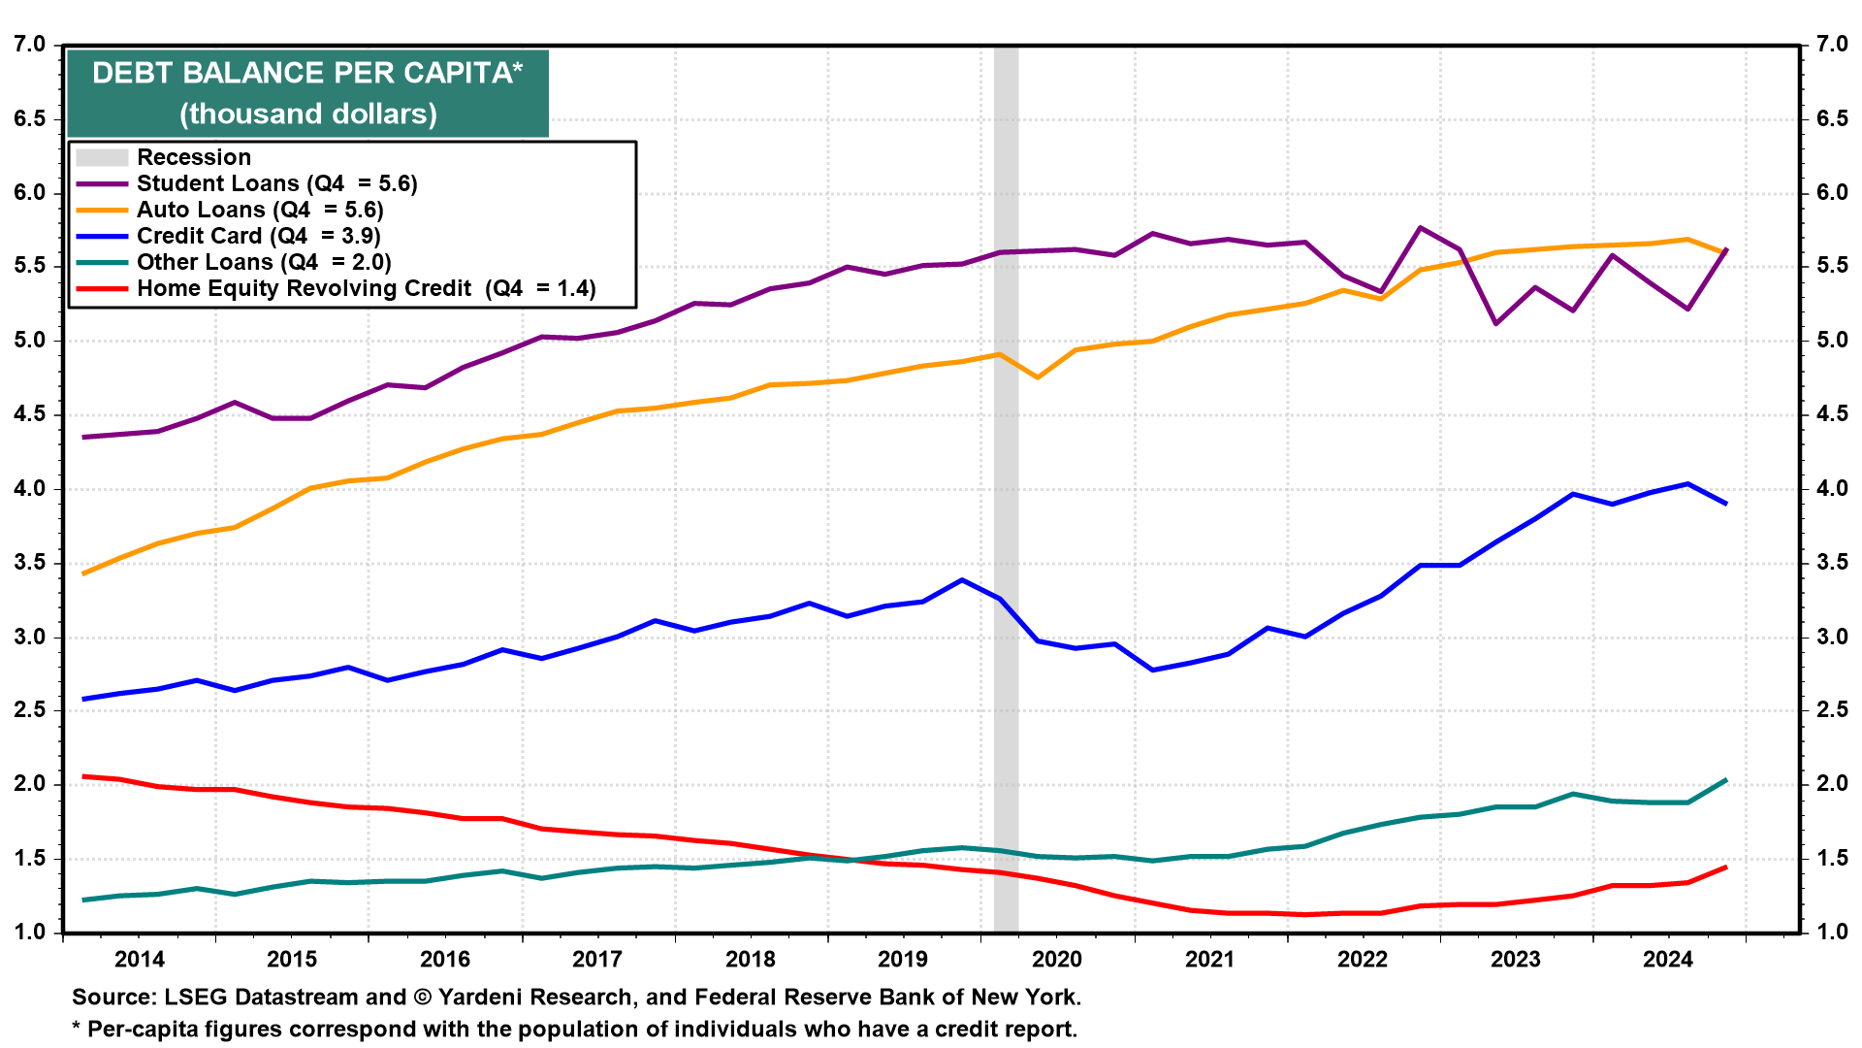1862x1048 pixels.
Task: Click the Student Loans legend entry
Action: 276,183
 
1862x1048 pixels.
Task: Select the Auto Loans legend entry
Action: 260,210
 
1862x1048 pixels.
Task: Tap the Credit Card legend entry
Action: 258,236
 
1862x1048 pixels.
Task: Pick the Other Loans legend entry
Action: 264,262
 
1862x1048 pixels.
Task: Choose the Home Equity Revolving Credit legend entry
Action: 366,288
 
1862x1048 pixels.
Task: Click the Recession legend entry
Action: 193,157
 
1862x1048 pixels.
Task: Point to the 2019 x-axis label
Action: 902,960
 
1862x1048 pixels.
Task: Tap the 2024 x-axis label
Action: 1667,960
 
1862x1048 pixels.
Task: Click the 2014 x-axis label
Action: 139,960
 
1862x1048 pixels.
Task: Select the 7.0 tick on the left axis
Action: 29,45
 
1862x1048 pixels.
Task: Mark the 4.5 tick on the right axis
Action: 1832,414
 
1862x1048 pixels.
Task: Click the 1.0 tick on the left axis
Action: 29,933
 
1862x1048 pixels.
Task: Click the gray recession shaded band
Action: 1006,485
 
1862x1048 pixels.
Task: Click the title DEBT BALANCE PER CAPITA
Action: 306,73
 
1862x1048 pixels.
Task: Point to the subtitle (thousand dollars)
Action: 307,114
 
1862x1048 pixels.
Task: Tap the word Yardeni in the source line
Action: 484,998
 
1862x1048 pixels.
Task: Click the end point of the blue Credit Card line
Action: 1726,504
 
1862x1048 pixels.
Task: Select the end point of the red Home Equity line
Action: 1726,867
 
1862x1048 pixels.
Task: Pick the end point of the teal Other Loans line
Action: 1726,780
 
